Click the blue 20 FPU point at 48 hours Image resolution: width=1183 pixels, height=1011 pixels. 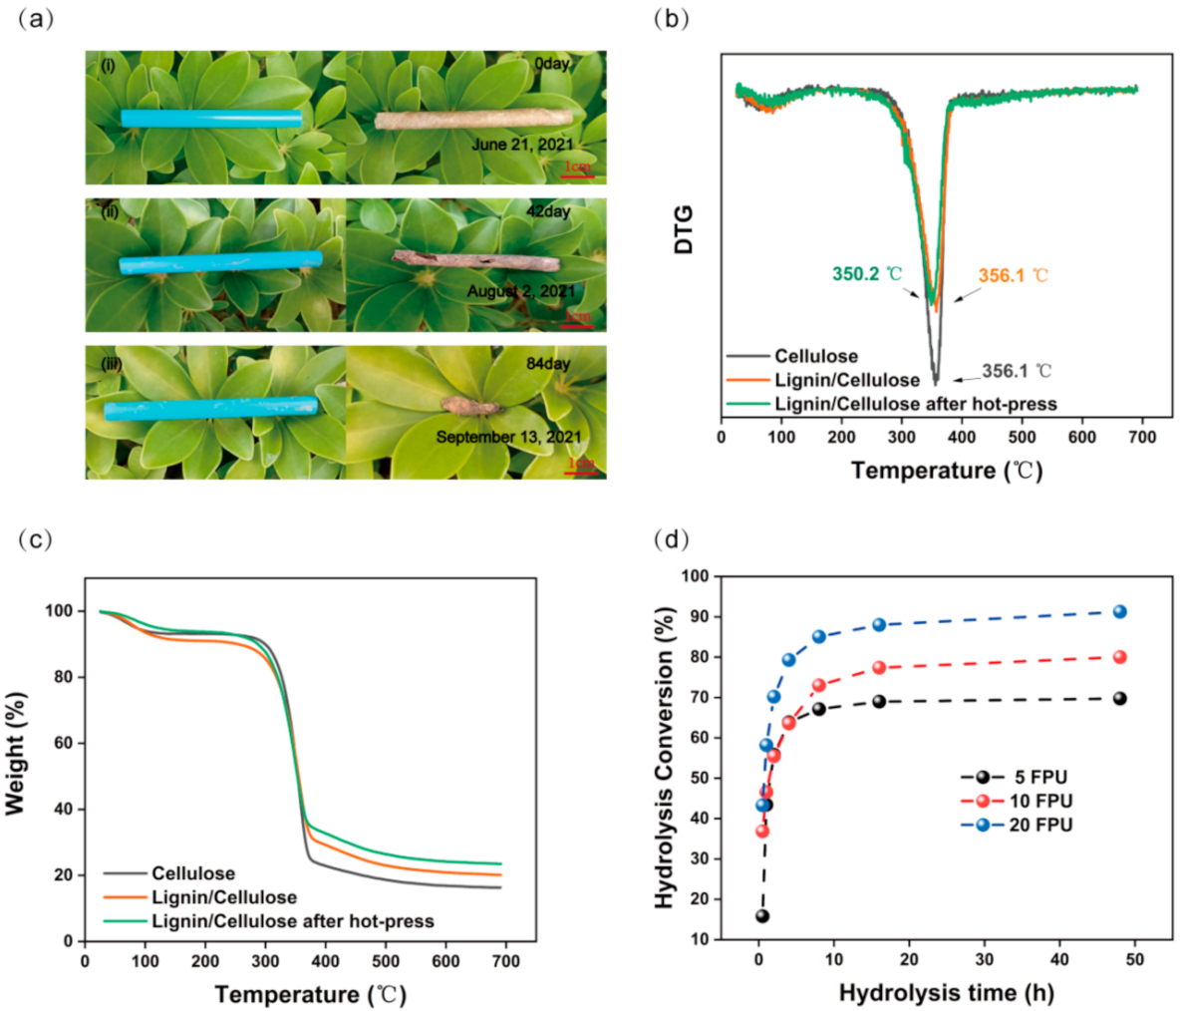(1119, 611)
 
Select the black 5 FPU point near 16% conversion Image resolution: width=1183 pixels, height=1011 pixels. (762, 915)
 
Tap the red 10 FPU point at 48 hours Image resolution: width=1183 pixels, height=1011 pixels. (1119, 657)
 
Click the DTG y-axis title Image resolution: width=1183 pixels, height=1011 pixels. (684, 228)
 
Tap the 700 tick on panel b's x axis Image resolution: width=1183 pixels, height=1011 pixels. (1141, 438)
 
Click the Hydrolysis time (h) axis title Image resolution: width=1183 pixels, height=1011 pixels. (946, 993)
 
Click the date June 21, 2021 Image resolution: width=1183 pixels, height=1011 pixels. (522, 146)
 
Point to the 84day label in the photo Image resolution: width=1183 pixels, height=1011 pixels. (548, 364)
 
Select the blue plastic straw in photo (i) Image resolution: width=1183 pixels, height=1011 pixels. (211, 119)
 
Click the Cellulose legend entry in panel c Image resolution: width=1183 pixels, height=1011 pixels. (193, 874)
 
